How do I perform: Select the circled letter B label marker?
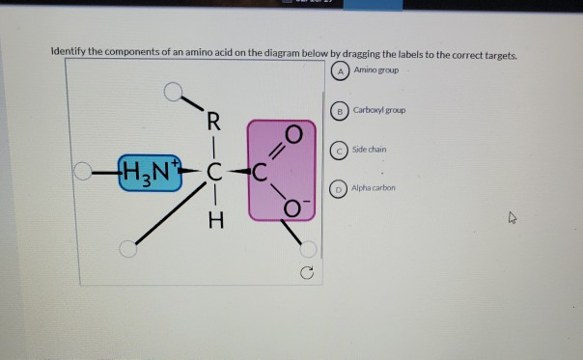pos(339,111)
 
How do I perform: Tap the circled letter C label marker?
pos(339,150)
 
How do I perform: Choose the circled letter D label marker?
pos(339,188)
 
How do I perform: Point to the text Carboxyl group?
pos(379,110)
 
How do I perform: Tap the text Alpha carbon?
pos(375,188)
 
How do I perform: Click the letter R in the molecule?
pos(213,123)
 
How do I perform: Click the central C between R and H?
pos(214,174)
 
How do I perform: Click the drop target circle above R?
pos(172,92)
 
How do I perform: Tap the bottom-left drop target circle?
pos(126,249)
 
